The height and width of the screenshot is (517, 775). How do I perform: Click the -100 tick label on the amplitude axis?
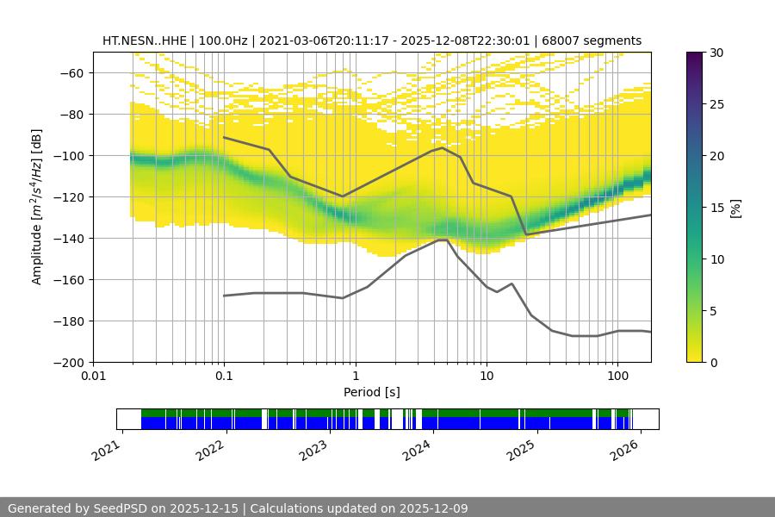click(71, 156)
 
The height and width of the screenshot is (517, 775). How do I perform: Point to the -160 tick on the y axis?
click(71, 280)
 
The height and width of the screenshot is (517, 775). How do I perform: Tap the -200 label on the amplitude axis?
click(71, 363)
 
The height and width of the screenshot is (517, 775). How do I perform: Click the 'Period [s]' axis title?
click(372, 392)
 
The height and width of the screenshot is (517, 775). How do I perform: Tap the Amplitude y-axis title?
click(37, 207)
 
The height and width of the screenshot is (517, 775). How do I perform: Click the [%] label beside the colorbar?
click(735, 208)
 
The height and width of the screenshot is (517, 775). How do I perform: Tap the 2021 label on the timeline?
click(108, 449)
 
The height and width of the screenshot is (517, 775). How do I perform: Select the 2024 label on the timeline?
click(416, 449)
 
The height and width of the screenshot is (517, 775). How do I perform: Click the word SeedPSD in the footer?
click(122, 508)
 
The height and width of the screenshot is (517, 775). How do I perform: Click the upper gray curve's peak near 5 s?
click(443, 147)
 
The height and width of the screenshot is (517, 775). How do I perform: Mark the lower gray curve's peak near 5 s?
click(443, 240)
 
